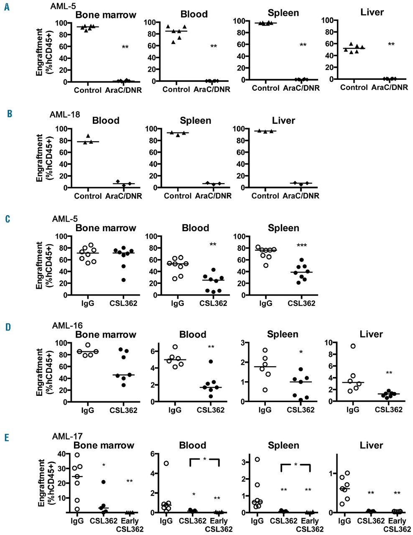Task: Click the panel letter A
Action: tap(7, 7)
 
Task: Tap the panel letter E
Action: tap(7, 437)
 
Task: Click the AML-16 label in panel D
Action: tap(67, 326)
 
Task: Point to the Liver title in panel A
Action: tap(372, 13)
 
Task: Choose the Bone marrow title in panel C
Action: tap(105, 228)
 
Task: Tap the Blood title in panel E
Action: tap(192, 446)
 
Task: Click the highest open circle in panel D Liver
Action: tap(353, 346)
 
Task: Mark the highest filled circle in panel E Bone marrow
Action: tap(103, 482)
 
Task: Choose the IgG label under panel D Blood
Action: tap(175, 410)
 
